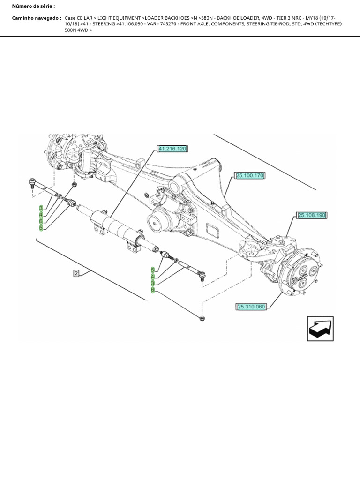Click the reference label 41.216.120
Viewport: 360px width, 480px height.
coord(172,149)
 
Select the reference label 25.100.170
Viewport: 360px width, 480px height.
coord(250,176)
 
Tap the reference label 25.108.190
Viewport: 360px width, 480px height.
coord(311,216)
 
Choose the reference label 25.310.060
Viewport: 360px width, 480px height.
coord(251,307)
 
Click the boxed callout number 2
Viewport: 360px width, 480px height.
coord(75,272)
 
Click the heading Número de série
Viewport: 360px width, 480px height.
coord(33,6)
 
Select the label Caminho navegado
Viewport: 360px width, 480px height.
coord(37,18)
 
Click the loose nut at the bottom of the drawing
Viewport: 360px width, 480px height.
coord(202,319)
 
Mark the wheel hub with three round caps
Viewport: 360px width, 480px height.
coord(303,274)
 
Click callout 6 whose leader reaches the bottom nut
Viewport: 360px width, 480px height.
coord(153,290)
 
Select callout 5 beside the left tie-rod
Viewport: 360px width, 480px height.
coord(41,228)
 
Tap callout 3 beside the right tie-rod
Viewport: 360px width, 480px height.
coord(153,283)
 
